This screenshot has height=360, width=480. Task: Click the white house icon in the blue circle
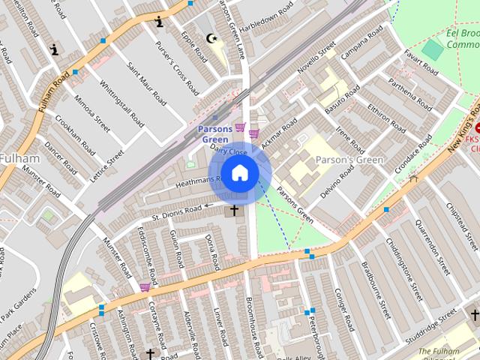[x=239, y=173]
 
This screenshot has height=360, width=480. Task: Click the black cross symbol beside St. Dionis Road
[x=234, y=211]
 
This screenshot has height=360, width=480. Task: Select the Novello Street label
[x=317, y=62]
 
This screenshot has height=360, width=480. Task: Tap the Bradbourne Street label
[x=376, y=290]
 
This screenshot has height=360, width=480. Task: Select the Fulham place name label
[x=15, y=158]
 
